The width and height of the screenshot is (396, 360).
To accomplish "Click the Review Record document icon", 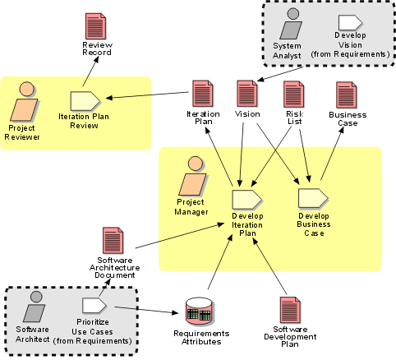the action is tap(95, 26).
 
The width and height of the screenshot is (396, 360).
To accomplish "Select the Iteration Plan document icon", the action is tap(203, 94).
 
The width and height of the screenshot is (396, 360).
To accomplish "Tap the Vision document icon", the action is tap(247, 94).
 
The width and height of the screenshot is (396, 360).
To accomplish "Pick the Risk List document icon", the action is tap(294, 95).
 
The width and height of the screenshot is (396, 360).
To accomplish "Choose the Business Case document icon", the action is tap(347, 95).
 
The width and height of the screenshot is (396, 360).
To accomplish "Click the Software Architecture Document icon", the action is tap(113, 241).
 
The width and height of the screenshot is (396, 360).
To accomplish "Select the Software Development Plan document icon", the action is tap(290, 311).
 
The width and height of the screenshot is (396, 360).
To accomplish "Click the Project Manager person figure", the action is tap(193, 176).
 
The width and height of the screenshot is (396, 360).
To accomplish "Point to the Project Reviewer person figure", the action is tap(24, 101).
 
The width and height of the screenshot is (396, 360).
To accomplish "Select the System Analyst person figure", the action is tap(291, 24).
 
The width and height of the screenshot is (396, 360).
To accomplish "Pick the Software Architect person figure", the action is tap(35, 307).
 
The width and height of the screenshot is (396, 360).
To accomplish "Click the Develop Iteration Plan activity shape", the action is tap(246, 199).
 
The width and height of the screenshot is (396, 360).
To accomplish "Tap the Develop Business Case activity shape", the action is tap(313, 198).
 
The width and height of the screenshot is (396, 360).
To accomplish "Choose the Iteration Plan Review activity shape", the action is tap(85, 101).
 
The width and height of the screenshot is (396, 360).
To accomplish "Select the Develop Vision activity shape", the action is tap(350, 22).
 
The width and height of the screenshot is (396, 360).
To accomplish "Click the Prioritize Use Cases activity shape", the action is tap(94, 306).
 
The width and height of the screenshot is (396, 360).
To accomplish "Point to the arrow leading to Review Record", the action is tap(90, 72).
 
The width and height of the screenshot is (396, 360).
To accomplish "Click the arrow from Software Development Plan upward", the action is tap(269, 265).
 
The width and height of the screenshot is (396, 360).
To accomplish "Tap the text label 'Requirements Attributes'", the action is tap(201, 338).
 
